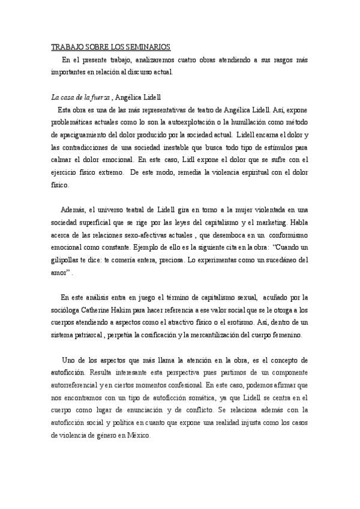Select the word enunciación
pos(167,410)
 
